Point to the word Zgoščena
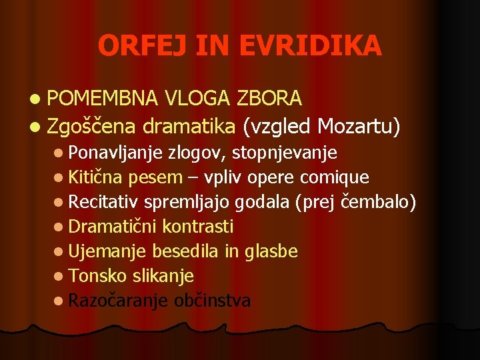pos(91,126)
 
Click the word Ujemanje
pos(108,251)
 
